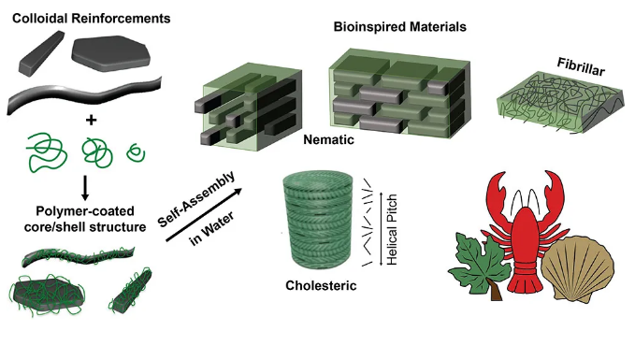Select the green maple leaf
click(479, 266)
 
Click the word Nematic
click(328, 139)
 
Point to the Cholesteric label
click(321, 285)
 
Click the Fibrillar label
click(581, 66)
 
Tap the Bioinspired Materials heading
click(399, 27)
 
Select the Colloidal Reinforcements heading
click(91, 18)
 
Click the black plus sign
click(91, 120)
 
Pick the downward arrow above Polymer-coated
click(85, 188)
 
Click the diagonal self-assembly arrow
click(204, 215)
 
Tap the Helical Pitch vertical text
click(392, 230)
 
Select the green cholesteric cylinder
click(318, 221)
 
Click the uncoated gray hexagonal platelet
click(110, 53)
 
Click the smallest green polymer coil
click(137, 153)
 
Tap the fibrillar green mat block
click(559, 102)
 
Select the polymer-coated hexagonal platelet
click(48, 293)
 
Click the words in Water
click(211, 229)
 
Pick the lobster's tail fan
click(526, 283)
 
